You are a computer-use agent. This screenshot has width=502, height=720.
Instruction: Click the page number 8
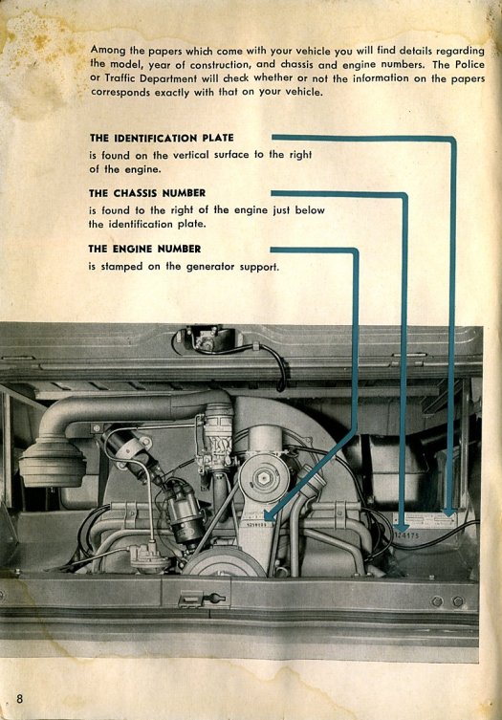click(x=19, y=699)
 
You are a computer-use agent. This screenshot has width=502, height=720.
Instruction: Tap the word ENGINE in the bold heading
click(x=133, y=249)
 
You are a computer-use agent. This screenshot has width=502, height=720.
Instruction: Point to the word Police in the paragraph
click(x=470, y=64)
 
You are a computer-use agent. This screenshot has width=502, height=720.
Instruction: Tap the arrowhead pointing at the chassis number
click(x=402, y=526)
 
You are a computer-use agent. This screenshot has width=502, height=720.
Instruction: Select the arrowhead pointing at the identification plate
click(x=450, y=511)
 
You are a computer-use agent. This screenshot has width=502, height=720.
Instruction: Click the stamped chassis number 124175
click(x=407, y=535)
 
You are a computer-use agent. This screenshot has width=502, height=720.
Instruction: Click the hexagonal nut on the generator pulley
click(x=264, y=478)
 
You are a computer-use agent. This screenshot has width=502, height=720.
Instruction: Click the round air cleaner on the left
click(x=53, y=463)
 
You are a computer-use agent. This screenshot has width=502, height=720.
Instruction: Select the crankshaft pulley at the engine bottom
click(x=224, y=563)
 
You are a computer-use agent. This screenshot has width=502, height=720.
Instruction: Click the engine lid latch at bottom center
click(x=202, y=599)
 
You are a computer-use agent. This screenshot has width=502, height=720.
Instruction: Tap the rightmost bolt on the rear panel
click(x=457, y=601)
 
